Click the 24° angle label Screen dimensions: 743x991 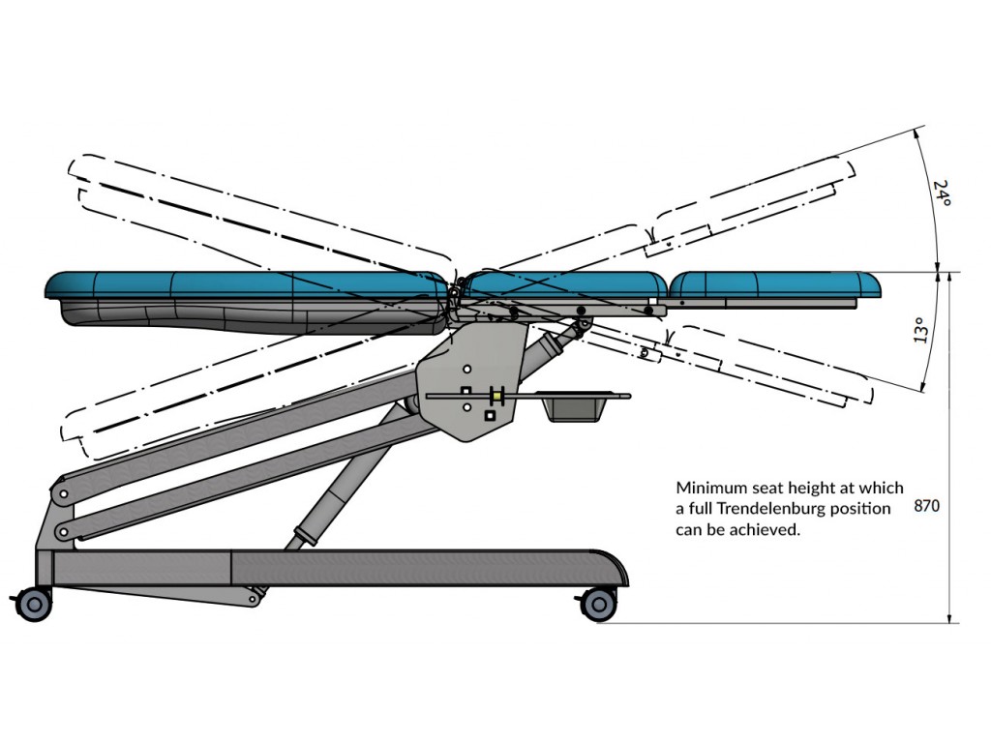coord(942,195)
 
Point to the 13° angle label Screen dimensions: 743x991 coord(920,331)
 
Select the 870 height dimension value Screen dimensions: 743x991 coord(926,505)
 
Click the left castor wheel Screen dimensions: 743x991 coord(34,605)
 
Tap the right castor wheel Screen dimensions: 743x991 coord(597,605)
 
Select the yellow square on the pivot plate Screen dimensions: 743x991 coord(496,396)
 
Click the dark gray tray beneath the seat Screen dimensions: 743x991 coord(578,405)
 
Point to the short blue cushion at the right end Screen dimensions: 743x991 coord(776,283)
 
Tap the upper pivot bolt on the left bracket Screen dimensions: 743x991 coord(62,494)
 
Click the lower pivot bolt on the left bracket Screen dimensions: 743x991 coord(62,531)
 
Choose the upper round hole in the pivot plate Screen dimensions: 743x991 coord(466,370)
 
